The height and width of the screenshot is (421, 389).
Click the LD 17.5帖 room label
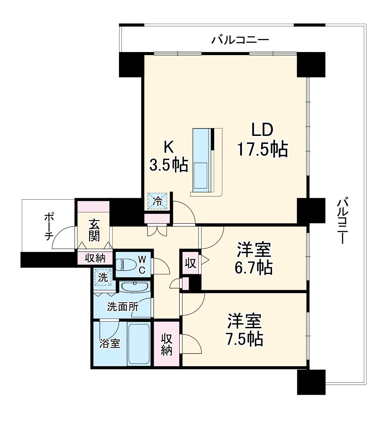pyautogui.click(x=262, y=140)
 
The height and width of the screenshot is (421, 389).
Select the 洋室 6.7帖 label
pyautogui.click(x=254, y=259)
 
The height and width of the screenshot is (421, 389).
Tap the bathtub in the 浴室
pyautogui.click(x=139, y=344)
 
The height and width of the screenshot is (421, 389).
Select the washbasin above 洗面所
pyautogui.click(x=134, y=287)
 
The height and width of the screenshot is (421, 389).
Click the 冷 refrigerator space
pyautogui.click(x=157, y=202)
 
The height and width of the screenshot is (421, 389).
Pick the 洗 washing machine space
pyautogui.click(x=103, y=277)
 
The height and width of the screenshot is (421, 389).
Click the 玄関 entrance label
pyautogui.click(x=94, y=230)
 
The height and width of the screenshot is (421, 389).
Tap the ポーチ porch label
pyautogui.click(x=48, y=226)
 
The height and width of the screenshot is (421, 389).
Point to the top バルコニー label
pyautogui.click(x=240, y=40)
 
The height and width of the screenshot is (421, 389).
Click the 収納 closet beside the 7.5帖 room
pyautogui.click(x=166, y=345)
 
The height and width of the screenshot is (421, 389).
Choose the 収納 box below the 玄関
pyautogui.click(x=95, y=258)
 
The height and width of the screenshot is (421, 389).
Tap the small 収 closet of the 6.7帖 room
pyautogui.click(x=190, y=263)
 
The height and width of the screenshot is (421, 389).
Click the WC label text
pyautogui.click(x=142, y=264)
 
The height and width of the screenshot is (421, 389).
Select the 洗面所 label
pyautogui.click(x=123, y=307)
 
